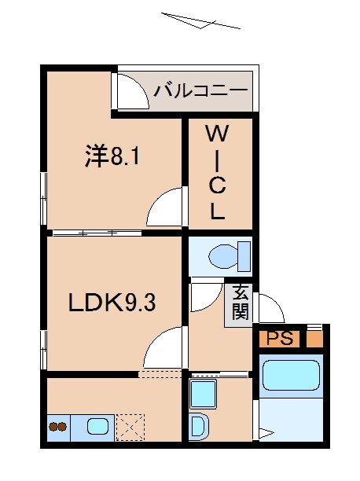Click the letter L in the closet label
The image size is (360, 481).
217,211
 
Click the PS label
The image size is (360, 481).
279,340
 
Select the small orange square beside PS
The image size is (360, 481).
314,340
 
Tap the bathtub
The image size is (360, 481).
290,375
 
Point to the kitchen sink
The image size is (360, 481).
99,427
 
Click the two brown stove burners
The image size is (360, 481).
57,428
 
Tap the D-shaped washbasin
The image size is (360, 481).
198,427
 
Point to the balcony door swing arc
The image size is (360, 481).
131,93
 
